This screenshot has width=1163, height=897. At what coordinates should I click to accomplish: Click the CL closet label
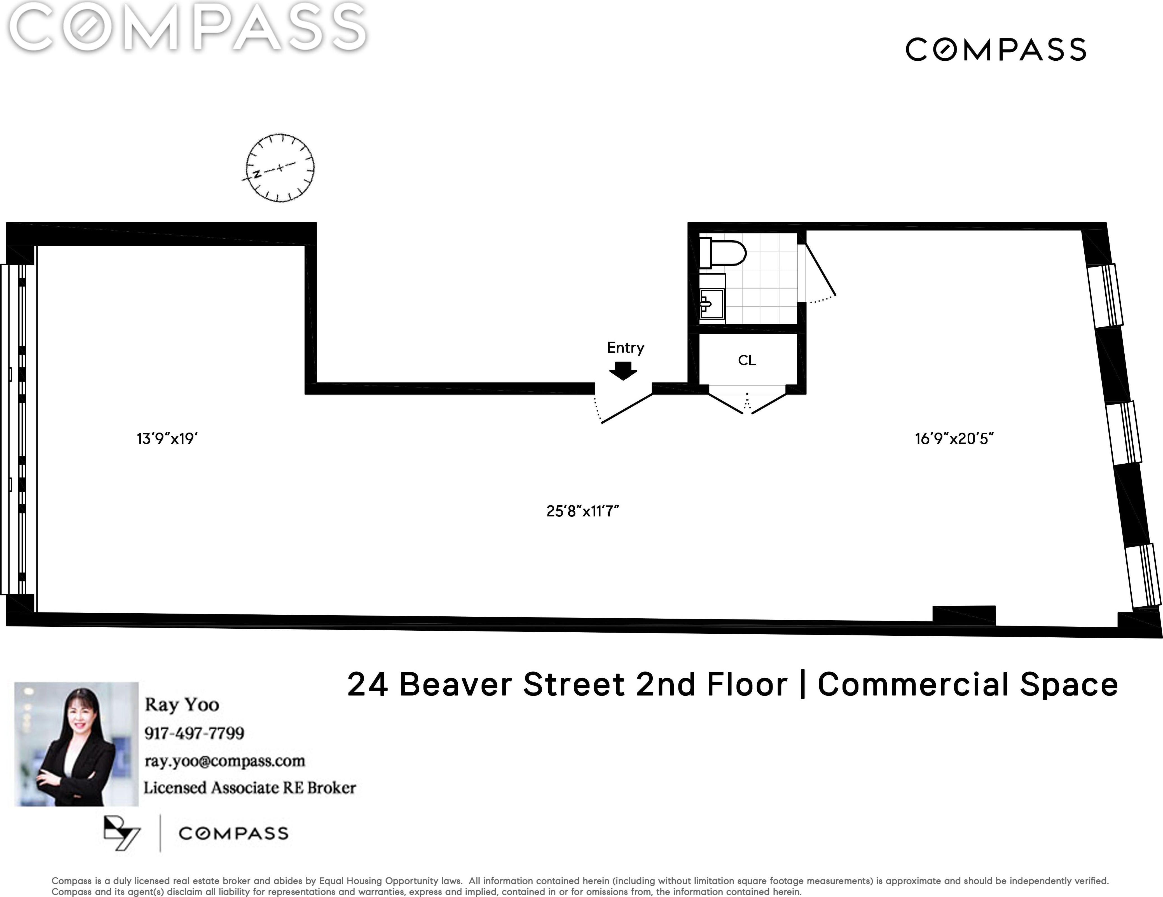click(x=747, y=360)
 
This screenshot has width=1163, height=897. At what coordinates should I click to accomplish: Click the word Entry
click(x=626, y=347)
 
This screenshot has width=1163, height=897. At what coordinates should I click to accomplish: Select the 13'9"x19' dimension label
click(x=167, y=439)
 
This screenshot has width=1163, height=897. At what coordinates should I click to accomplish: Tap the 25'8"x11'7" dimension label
click(x=582, y=511)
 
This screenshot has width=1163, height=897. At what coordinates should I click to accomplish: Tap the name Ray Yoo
click(x=182, y=705)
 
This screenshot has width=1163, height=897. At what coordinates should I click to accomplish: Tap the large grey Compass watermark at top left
click(x=188, y=27)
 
